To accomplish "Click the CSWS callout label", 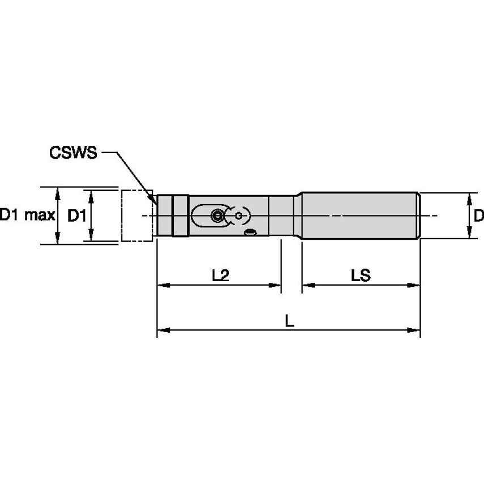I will pos(73,153).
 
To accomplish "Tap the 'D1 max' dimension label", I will pos(27,215).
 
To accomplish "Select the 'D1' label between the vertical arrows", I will pos(77,215).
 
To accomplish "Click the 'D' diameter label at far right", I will pos(478,215).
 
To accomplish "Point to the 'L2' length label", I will pos(220,275).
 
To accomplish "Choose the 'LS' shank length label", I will pos(360,275).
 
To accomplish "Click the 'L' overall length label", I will pos(289,321).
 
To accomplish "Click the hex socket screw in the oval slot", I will pos(216,215).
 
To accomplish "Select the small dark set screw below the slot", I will pos(250,232).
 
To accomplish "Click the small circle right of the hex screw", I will pos(240,215).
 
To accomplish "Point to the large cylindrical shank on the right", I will pos(360,215).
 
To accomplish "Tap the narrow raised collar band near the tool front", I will pos(180,215).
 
